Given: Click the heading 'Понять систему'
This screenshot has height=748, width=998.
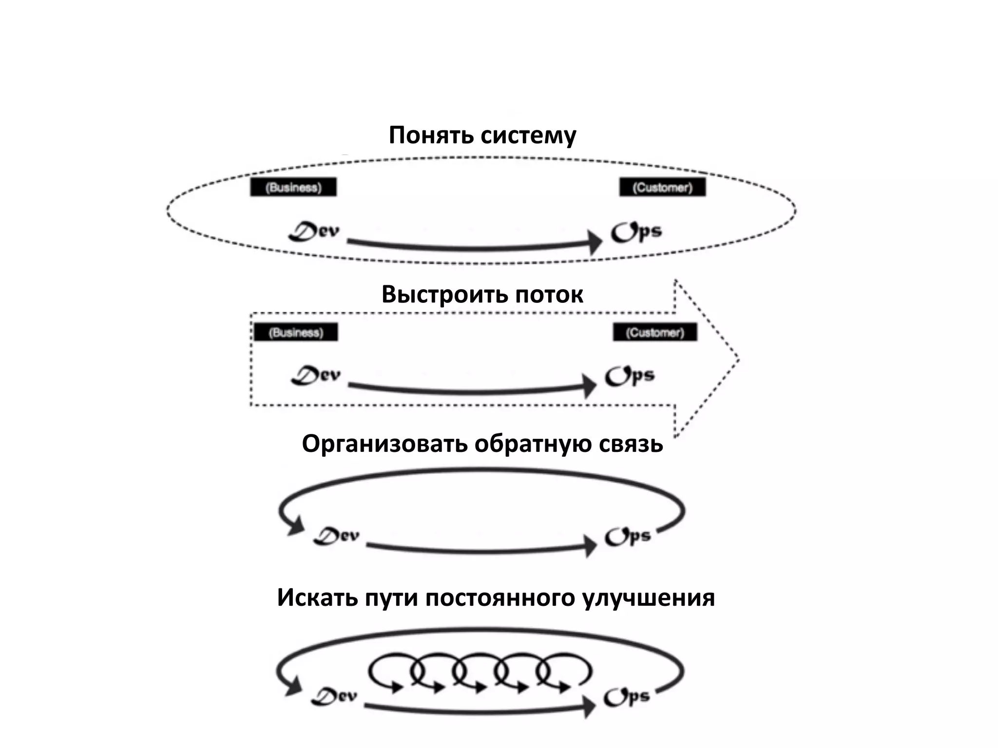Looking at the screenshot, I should (x=482, y=135).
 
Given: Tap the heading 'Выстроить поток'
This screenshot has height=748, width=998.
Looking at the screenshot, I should (x=482, y=294).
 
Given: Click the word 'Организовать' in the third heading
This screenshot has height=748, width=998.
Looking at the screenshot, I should (x=385, y=444).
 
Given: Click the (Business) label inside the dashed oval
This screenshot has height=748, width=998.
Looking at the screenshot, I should (x=293, y=187).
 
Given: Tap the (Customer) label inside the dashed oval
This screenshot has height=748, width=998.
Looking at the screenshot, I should (x=662, y=187).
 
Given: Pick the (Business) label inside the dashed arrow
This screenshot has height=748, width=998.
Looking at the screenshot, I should (x=296, y=333).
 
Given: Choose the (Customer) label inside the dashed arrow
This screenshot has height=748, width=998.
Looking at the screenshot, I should (x=655, y=333).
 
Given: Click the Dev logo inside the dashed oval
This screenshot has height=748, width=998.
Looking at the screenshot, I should (x=314, y=231).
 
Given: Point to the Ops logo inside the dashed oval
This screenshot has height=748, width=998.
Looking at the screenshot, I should (x=636, y=232).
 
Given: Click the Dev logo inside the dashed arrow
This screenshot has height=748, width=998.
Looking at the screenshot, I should (x=316, y=375).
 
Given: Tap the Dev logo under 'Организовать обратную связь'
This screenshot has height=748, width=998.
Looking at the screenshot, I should (x=336, y=536).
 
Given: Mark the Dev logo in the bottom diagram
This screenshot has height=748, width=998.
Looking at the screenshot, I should (x=334, y=696).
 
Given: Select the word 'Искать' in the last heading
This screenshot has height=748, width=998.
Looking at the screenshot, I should (x=317, y=598).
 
